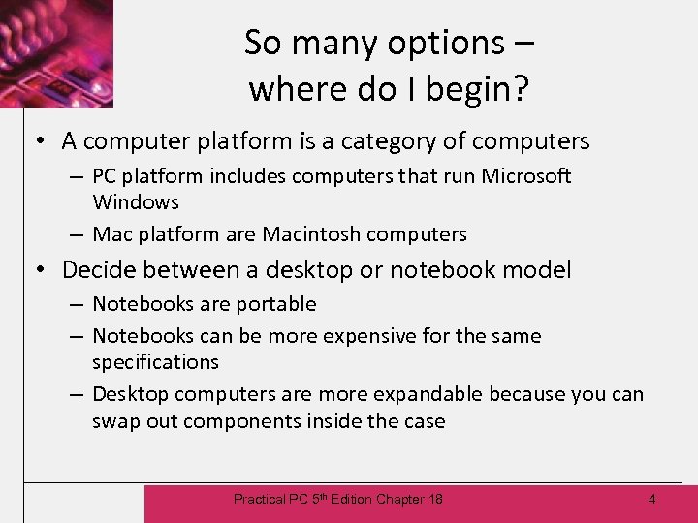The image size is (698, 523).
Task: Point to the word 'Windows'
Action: pyautogui.click(x=136, y=202)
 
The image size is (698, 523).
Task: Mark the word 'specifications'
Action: pyautogui.click(x=155, y=362)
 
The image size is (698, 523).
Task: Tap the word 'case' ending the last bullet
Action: pyautogui.click(x=425, y=421)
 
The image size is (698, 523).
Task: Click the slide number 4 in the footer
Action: pyautogui.click(x=651, y=499)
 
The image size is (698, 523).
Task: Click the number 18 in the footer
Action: pyautogui.click(x=434, y=499)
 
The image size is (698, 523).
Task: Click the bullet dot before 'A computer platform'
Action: pyautogui.click(x=41, y=141)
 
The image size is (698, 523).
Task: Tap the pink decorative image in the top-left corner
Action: pyautogui.click(x=56, y=53)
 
